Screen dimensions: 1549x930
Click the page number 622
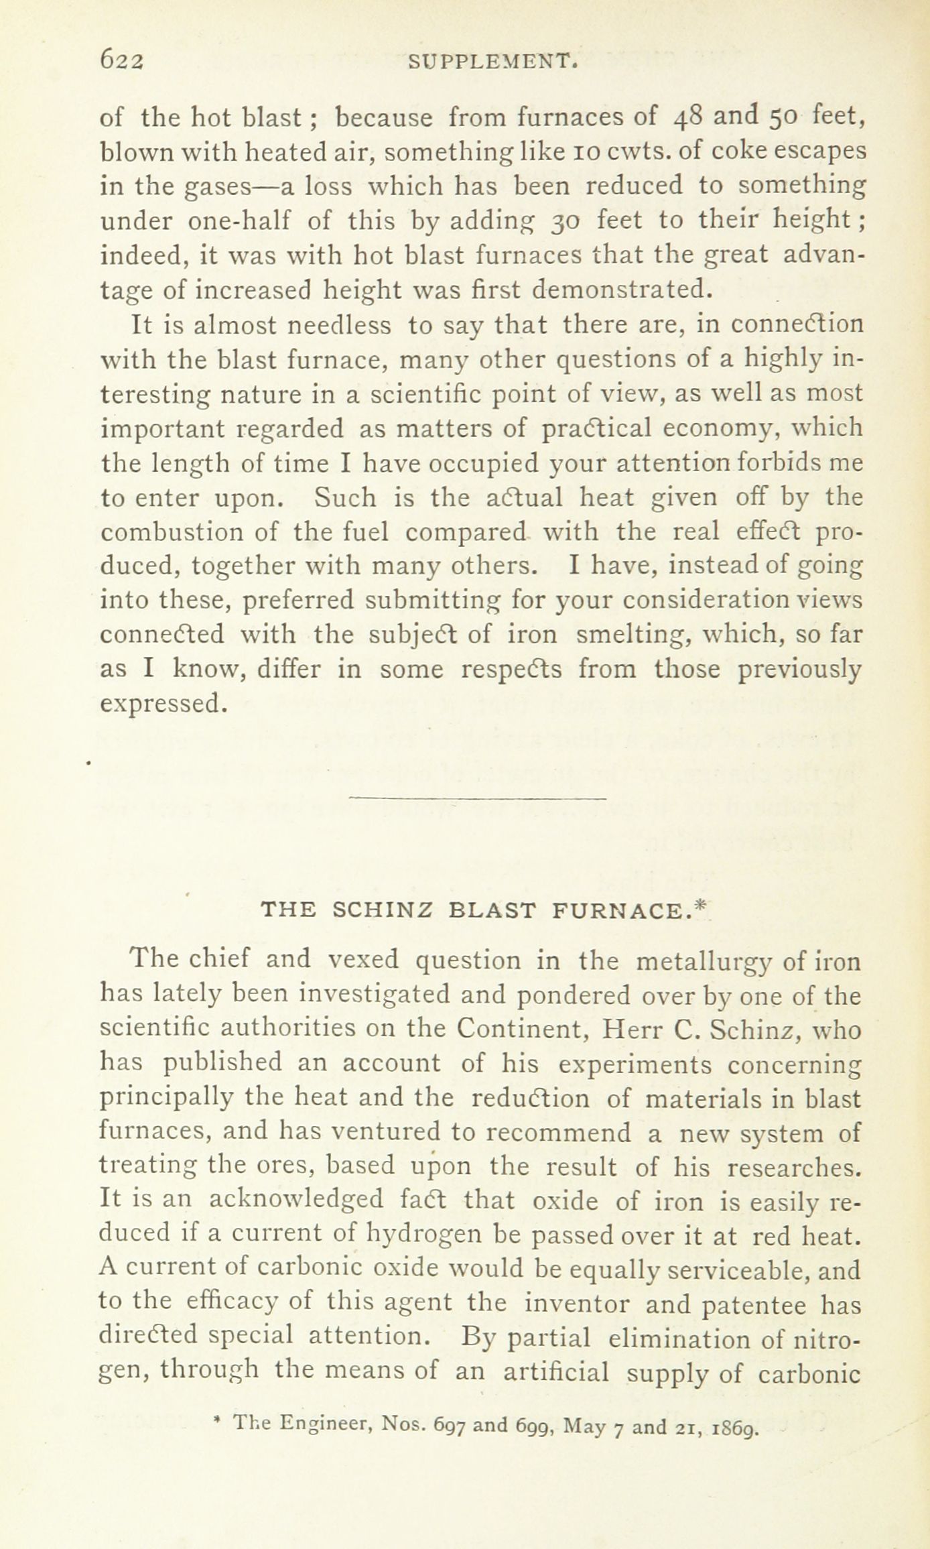[x=121, y=62]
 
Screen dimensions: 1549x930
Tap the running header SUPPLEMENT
[x=492, y=63]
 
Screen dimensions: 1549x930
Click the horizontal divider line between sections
[x=478, y=798]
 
